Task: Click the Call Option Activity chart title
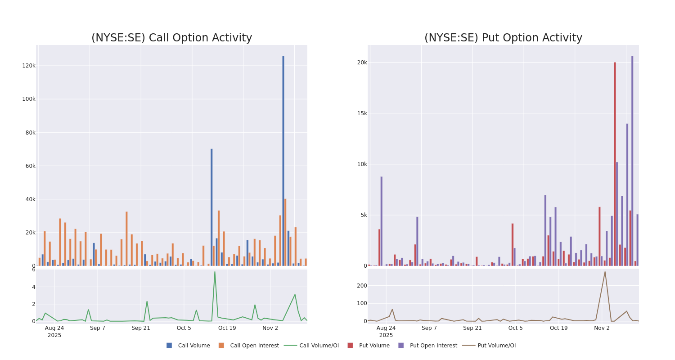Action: (x=171, y=38)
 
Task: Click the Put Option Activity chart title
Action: (x=503, y=38)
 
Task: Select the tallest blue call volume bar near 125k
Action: (x=283, y=162)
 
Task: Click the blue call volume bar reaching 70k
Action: (x=211, y=207)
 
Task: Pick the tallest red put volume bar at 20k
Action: (x=615, y=164)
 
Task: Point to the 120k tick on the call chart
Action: (x=29, y=66)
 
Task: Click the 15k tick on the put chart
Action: (x=362, y=113)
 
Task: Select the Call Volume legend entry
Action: (x=189, y=346)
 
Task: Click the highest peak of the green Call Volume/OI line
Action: (x=215, y=272)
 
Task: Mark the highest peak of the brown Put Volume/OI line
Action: (x=605, y=272)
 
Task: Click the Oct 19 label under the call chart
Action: (x=227, y=328)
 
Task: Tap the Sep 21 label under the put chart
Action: (x=472, y=328)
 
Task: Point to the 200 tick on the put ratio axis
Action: (x=362, y=285)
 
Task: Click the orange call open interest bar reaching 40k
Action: (x=285, y=232)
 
